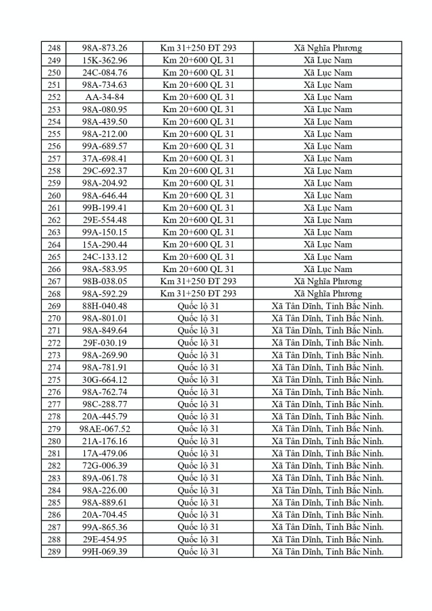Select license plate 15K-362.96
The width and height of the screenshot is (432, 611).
click(105, 61)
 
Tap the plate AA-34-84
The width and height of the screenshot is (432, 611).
click(105, 97)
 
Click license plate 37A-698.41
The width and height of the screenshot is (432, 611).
click(105, 158)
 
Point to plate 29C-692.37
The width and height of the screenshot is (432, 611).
click(105, 171)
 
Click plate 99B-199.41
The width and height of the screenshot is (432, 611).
click(105, 207)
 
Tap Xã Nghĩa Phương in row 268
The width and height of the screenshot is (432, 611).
click(327, 293)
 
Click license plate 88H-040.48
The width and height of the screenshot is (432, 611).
click(105, 306)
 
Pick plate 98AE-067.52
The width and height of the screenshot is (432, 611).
click(105, 429)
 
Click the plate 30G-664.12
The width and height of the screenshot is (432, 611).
click(105, 379)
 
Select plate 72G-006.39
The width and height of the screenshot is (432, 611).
click(105, 465)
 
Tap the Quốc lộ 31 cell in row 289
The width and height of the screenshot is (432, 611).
click(198, 552)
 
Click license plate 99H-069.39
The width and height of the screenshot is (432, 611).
click(105, 552)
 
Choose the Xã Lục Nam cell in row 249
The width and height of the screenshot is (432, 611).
click(327, 61)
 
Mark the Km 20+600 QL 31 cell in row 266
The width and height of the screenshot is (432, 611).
click(198, 269)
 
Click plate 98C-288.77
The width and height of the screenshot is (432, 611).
click(105, 404)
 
